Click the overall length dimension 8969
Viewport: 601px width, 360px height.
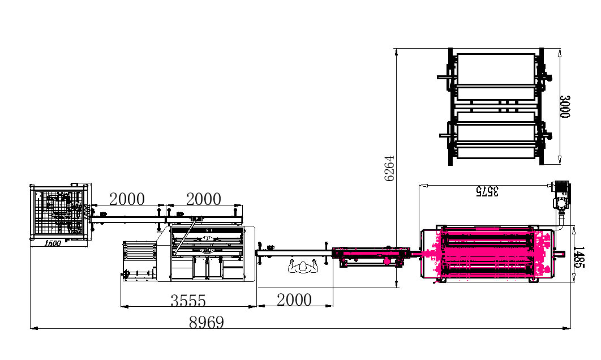coord(207,323)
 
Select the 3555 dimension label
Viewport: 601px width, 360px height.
coord(188,301)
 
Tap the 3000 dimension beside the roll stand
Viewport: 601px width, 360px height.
coord(564,106)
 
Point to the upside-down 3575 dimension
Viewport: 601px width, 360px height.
coord(487,191)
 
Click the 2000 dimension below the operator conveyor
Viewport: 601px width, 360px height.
coord(294,299)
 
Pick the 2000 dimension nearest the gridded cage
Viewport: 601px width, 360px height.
coord(127,199)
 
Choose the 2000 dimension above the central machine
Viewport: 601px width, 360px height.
coord(203,199)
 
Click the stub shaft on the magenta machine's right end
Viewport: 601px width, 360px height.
coord(561,254)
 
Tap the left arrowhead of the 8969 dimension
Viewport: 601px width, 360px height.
coord(33,328)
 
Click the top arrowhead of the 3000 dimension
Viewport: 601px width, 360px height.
coord(560,53)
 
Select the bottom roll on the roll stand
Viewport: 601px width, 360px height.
coord(496,151)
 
